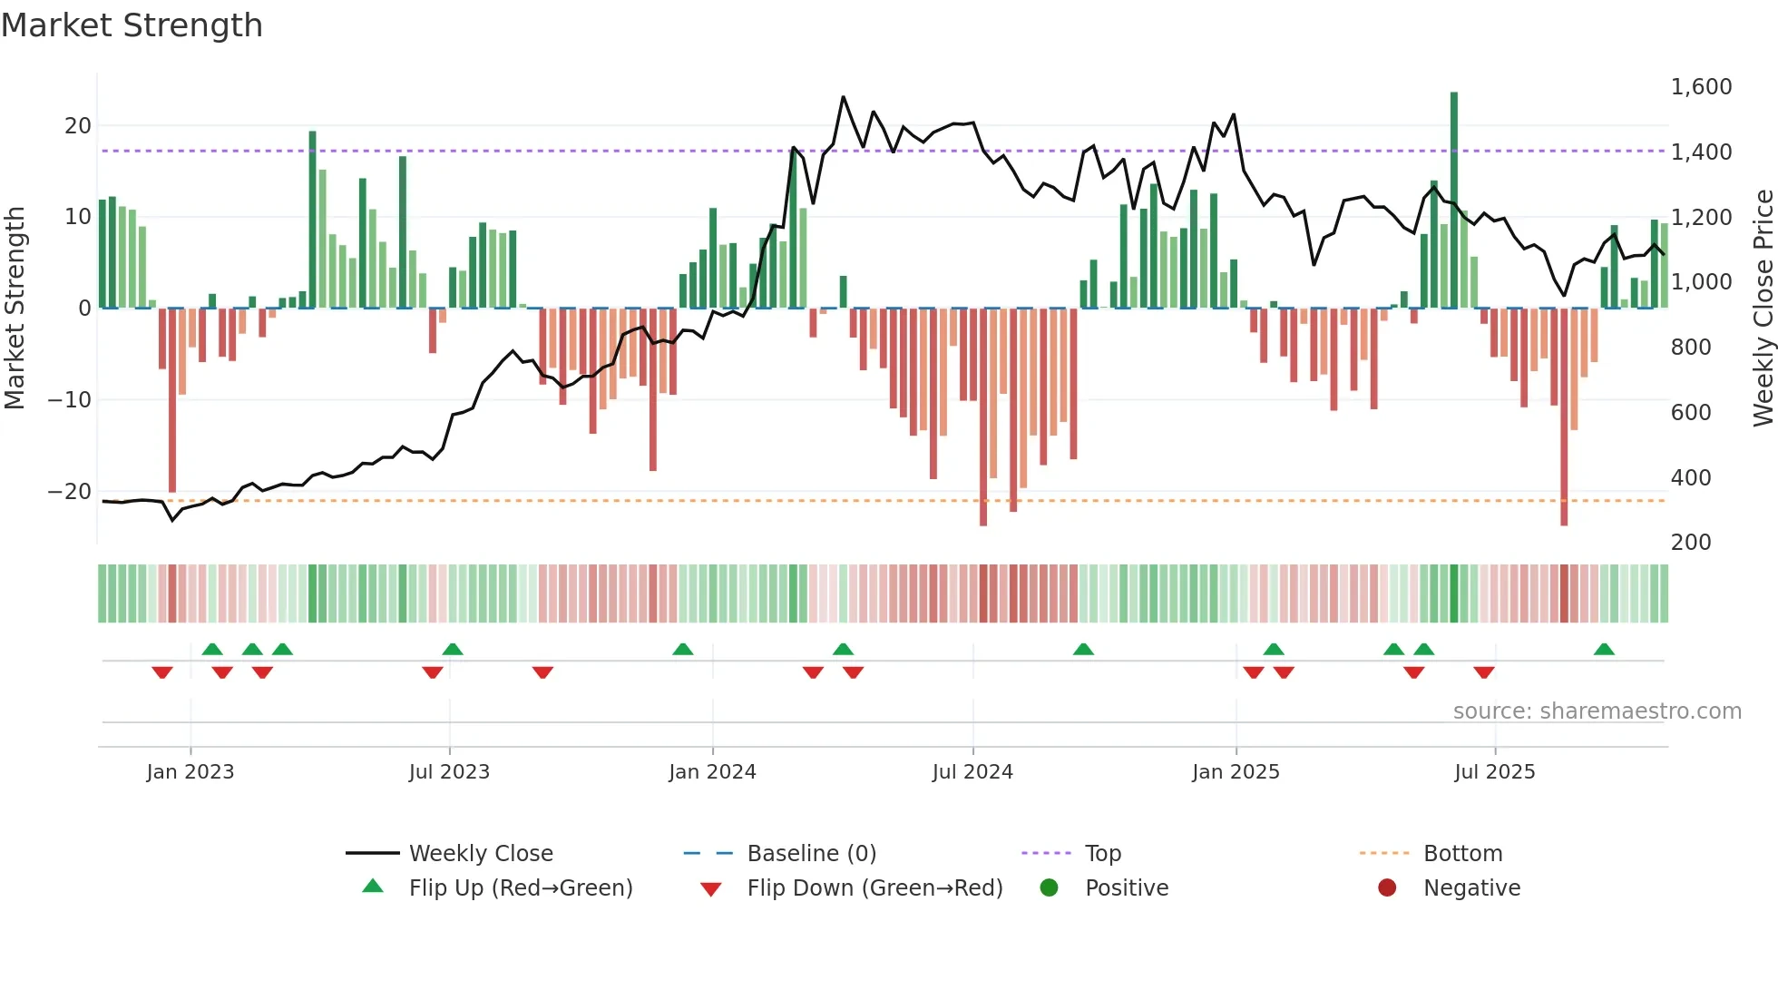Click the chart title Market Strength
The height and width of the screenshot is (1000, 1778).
[132, 25]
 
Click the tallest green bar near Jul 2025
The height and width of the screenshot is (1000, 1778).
[1454, 200]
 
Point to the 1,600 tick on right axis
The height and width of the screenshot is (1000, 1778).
[1701, 87]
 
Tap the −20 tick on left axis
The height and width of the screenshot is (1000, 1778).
[70, 492]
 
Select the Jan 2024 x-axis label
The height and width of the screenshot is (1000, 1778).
[712, 772]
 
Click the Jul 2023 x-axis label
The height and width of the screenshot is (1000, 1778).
[449, 772]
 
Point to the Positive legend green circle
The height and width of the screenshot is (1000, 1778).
[1050, 888]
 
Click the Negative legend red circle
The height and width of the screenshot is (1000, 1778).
[1387, 888]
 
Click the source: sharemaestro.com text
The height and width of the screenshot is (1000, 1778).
[1597, 711]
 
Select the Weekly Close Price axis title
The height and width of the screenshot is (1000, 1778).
[1763, 309]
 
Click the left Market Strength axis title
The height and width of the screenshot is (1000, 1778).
[15, 309]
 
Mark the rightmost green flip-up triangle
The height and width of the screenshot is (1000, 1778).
[1604, 650]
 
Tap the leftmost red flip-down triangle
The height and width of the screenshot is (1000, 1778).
[162, 672]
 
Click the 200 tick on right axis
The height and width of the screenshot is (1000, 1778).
[1691, 543]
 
